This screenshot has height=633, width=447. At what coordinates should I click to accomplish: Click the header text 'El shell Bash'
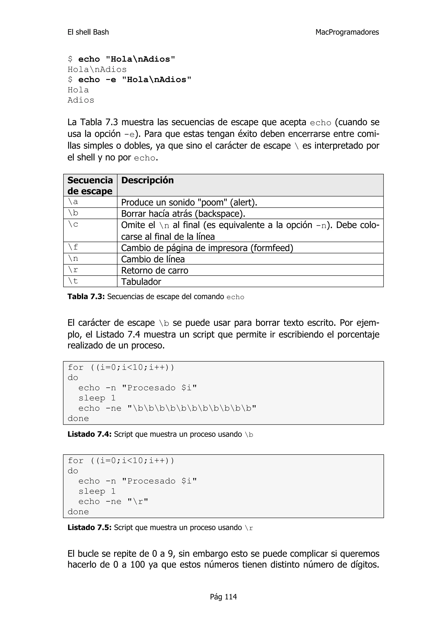(88, 32)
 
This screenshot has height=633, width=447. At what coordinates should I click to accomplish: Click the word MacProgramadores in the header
(347, 32)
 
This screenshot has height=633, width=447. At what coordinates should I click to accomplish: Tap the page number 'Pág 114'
(223, 597)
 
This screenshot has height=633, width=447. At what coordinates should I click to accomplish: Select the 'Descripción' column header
(147, 180)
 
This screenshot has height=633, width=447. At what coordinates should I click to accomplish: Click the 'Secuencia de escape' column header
(90, 185)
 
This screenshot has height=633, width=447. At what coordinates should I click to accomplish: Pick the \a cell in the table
(73, 202)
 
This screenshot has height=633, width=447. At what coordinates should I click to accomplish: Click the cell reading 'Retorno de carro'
(155, 270)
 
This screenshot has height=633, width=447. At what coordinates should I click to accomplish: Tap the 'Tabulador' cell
(141, 282)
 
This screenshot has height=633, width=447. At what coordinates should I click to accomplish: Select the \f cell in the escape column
(73, 247)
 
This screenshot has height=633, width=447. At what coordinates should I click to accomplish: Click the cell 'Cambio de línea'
(153, 259)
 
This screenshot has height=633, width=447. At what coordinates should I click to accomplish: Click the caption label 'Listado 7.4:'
(89, 434)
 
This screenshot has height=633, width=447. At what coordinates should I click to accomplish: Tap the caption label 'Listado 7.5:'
(89, 527)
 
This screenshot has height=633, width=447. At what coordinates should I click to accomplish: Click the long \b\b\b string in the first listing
(192, 408)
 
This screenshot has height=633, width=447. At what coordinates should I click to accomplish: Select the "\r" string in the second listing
(138, 502)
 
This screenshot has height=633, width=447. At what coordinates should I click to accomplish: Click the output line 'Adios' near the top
(81, 100)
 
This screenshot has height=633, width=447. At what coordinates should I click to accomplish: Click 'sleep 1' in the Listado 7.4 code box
(97, 398)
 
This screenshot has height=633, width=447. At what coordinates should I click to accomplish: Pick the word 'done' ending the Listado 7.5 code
(78, 512)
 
